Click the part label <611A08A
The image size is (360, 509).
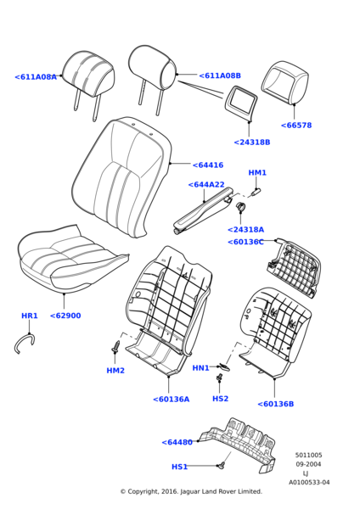pyautogui.click(x=36, y=77)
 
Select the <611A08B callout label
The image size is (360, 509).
pyautogui.click(x=220, y=76)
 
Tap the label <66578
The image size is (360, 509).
pyautogui.click(x=296, y=126)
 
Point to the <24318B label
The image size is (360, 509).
pyautogui.click(x=252, y=143)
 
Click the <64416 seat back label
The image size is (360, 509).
pyautogui.click(x=208, y=165)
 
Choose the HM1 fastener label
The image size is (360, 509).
pyautogui.click(x=257, y=173)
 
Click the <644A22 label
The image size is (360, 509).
pyautogui.click(x=206, y=185)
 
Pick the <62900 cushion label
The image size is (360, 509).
pyautogui.click(x=65, y=316)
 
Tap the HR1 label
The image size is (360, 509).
pyautogui.click(x=30, y=316)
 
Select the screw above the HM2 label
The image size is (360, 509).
pyautogui.click(x=115, y=346)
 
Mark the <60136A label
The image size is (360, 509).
pyautogui.click(x=172, y=400)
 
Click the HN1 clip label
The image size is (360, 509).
pyautogui.click(x=200, y=368)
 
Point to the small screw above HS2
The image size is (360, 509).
pyautogui.click(x=220, y=378)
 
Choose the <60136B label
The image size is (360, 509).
pyautogui.click(x=276, y=404)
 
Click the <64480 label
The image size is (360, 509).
pyautogui.click(x=177, y=442)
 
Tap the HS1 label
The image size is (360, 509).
pyautogui.click(x=180, y=467)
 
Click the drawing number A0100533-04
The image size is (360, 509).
pyautogui.click(x=309, y=483)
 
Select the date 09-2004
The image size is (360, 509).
pyautogui.click(x=308, y=464)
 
